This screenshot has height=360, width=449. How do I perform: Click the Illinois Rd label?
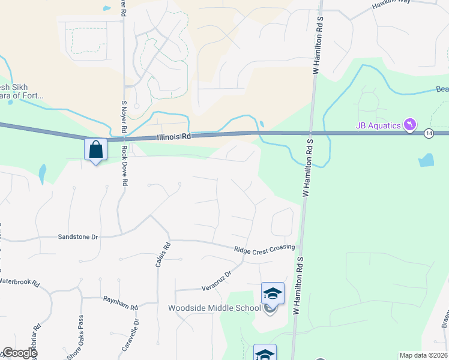(173, 136)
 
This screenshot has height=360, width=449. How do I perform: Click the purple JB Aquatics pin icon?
(409, 124)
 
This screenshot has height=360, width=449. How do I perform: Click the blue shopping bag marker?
(96, 149)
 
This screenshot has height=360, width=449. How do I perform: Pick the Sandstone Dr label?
(77, 237)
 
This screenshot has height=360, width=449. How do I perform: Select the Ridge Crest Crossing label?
(264, 248)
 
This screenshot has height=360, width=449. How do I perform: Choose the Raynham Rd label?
(120, 302)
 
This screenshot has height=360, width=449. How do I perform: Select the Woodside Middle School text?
(214, 308)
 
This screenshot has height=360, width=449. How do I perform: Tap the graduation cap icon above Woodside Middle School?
(273, 293)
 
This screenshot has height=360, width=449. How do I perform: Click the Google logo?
(19, 353)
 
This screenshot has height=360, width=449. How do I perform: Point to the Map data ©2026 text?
(423, 355)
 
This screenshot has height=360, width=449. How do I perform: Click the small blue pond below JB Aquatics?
(426, 160)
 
